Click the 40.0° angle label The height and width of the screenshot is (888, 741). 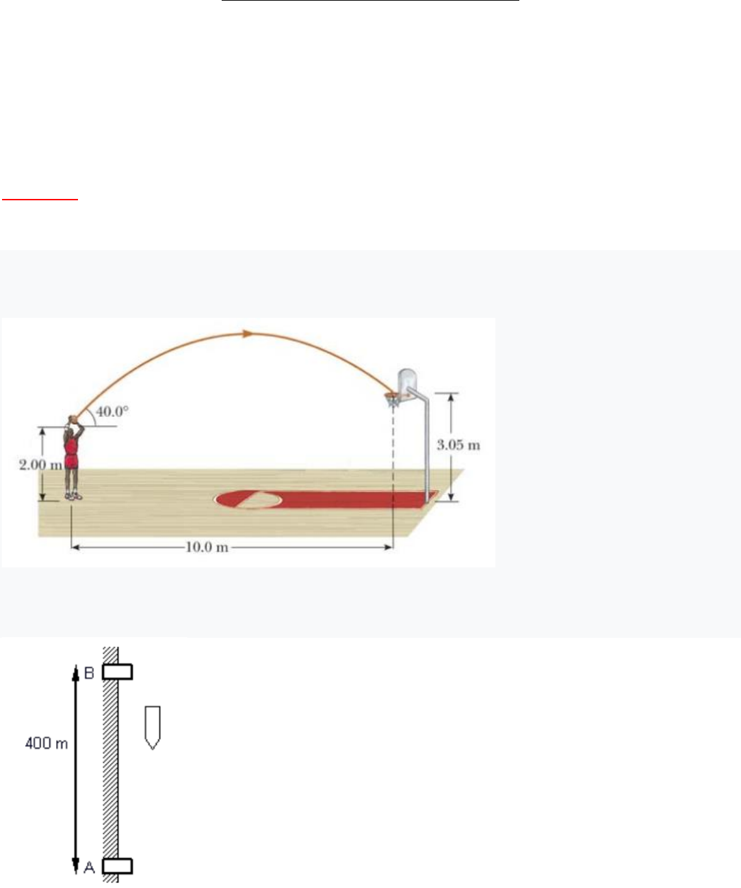click(x=112, y=412)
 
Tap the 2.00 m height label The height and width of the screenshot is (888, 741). click(x=40, y=464)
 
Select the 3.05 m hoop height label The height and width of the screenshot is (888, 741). click(x=458, y=445)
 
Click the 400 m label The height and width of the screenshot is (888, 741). click(x=47, y=743)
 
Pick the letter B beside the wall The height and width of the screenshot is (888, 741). click(x=89, y=673)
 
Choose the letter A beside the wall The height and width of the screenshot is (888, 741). click(x=89, y=867)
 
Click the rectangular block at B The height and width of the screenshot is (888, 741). click(x=118, y=671)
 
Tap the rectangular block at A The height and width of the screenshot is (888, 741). click(x=118, y=866)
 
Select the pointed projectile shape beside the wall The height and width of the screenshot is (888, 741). click(x=153, y=727)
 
